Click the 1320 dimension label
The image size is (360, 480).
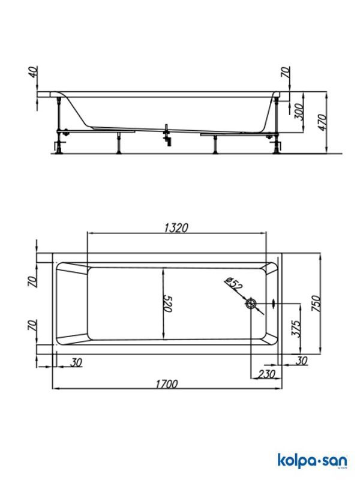coord(176,227)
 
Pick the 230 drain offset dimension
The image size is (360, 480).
coord(265,373)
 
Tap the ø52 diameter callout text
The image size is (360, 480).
coord(234,285)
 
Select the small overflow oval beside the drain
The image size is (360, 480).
coord(274,304)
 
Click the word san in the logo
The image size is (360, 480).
coord(330,461)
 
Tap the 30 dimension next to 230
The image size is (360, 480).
coord(301,361)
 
